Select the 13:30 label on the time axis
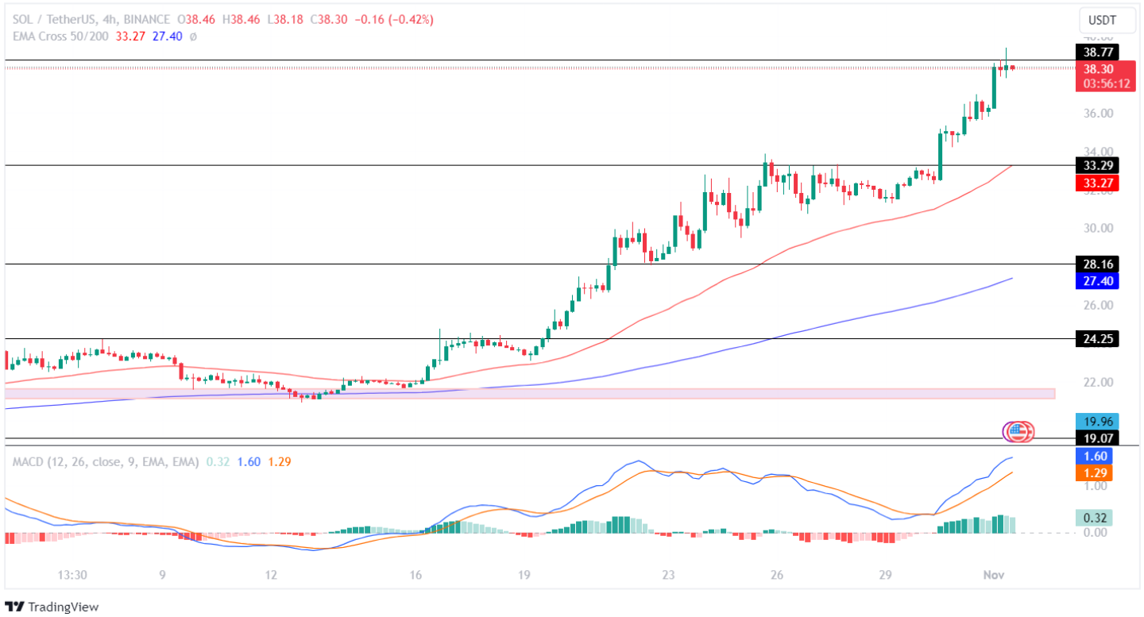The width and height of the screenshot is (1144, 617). pyautogui.click(x=72, y=575)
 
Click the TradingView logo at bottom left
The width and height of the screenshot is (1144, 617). pyautogui.click(x=52, y=607)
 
